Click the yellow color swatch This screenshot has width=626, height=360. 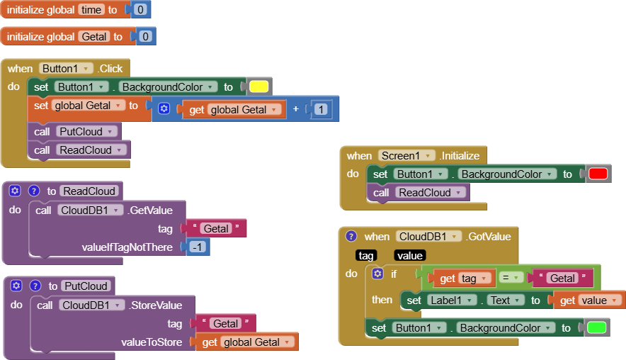click(x=258, y=87)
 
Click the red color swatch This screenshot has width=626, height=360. click(x=598, y=174)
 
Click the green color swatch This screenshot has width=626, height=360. click(x=597, y=328)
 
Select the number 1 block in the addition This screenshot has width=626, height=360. click(x=321, y=109)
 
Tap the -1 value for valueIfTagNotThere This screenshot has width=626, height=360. click(x=198, y=247)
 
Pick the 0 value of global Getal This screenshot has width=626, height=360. click(x=145, y=36)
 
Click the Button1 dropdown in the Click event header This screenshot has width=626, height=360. click(x=67, y=69)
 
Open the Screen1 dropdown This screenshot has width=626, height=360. click(x=409, y=156)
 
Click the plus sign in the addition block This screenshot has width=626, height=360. click(x=295, y=109)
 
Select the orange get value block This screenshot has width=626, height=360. click(x=588, y=300)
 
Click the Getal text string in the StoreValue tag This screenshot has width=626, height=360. click(x=226, y=324)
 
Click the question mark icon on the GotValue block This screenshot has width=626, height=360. click(x=351, y=237)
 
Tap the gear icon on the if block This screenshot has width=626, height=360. click(x=378, y=274)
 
